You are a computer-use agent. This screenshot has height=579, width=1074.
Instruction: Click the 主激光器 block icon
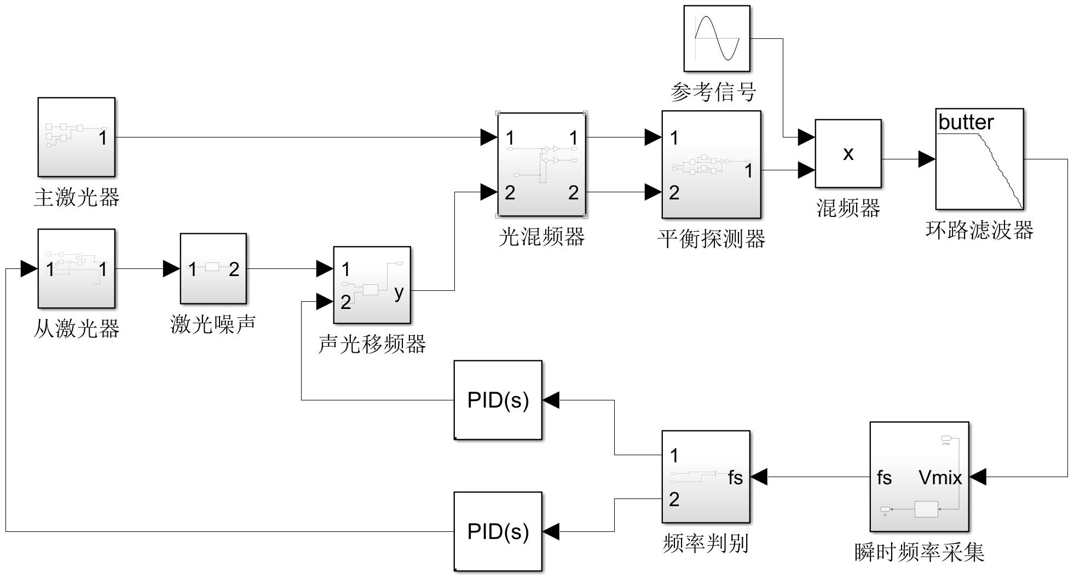[x=76, y=137]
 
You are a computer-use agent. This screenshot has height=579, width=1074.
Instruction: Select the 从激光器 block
[x=76, y=268]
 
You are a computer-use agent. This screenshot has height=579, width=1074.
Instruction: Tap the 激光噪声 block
[x=213, y=268]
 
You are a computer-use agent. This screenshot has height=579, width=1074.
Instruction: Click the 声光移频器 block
[x=372, y=285]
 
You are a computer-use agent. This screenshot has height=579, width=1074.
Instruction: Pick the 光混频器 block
[x=541, y=165]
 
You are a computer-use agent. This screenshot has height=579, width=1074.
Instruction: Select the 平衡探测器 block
[x=711, y=164]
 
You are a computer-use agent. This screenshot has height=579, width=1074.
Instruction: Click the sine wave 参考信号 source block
[x=717, y=38]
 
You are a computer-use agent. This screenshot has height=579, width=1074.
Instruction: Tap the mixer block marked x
[x=848, y=153]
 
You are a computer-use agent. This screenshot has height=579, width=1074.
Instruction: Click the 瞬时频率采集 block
[x=919, y=477]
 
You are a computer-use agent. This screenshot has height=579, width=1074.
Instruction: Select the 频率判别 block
[x=706, y=477]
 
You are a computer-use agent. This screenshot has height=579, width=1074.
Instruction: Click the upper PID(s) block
[x=498, y=400]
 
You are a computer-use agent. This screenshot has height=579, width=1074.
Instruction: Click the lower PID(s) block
[x=498, y=531]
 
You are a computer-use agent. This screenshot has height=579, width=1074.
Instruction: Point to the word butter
[x=966, y=122]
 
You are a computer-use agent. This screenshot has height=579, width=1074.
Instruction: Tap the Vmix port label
[x=940, y=478]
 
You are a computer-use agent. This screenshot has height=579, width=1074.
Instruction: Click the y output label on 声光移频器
[x=399, y=292]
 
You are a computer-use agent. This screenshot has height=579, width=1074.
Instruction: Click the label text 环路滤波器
[x=979, y=230]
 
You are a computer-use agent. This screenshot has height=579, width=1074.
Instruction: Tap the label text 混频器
[x=848, y=208]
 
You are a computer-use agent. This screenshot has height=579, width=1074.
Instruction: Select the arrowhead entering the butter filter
[x=927, y=159]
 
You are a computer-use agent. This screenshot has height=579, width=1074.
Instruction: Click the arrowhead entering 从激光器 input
[x=29, y=269]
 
